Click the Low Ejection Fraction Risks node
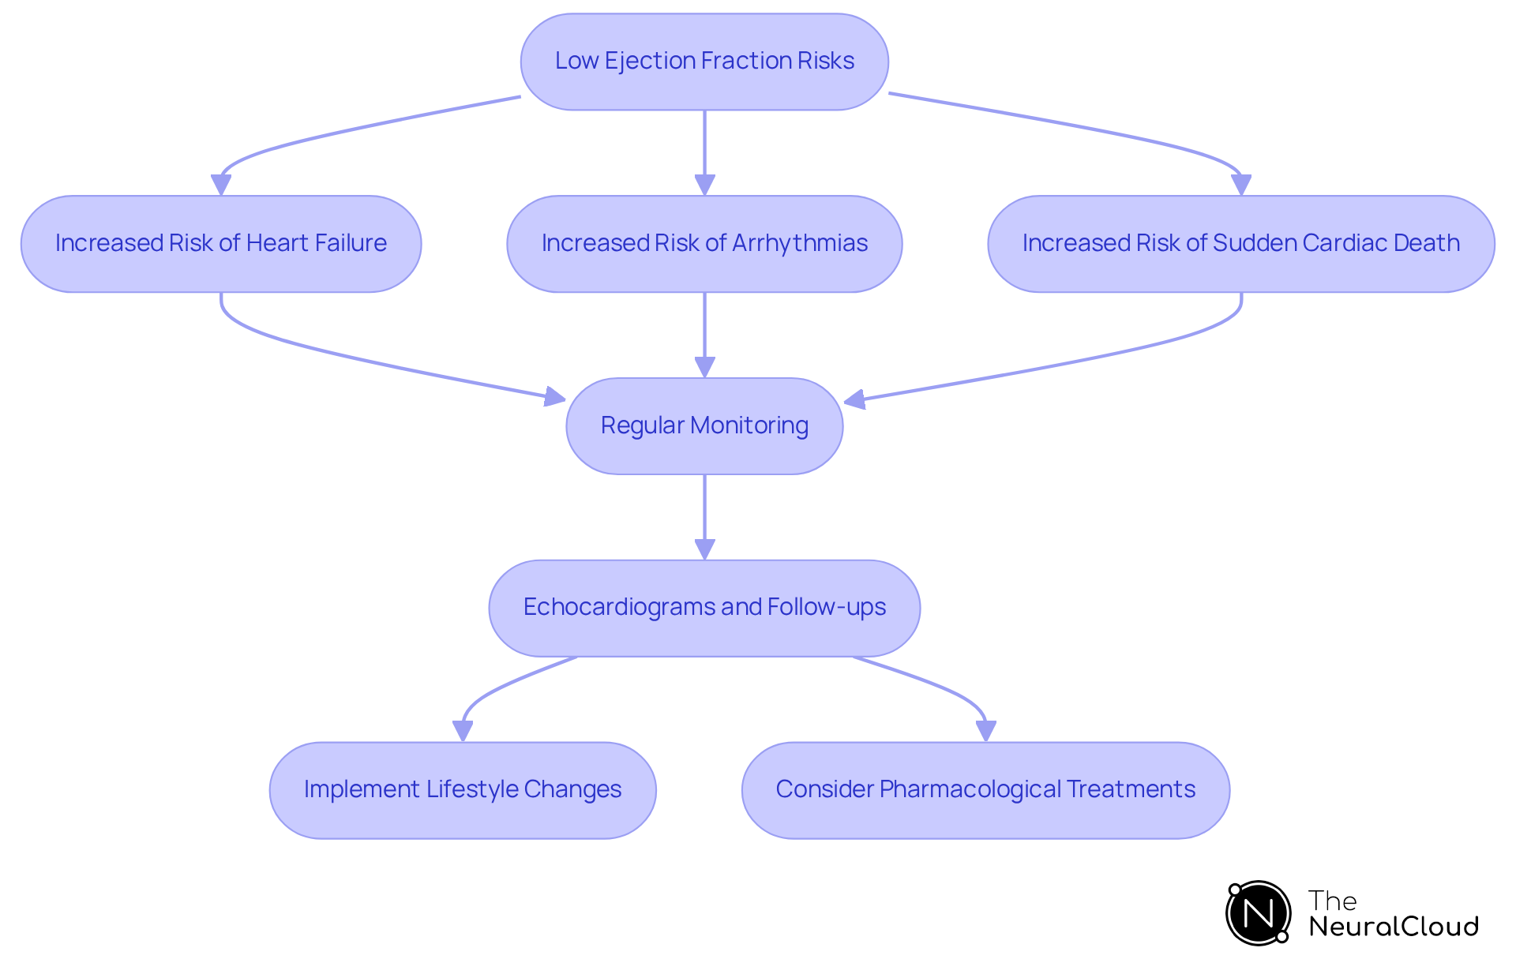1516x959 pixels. click(704, 62)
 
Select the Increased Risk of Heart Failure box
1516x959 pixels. click(221, 244)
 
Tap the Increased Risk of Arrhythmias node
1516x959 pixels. click(704, 244)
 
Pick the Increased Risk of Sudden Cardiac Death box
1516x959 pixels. click(1240, 244)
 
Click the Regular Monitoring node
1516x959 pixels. click(704, 426)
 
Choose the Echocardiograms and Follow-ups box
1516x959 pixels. click(704, 608)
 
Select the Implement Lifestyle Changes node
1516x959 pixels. click(463, 790)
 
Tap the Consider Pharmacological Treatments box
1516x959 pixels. click(985, 790)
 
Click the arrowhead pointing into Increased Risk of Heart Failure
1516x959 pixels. click(221, 185)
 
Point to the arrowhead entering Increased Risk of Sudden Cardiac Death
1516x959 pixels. click(1241, 185)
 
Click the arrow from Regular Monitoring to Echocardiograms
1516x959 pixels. click(704, 513)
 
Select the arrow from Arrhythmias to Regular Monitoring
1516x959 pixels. click(704, 332)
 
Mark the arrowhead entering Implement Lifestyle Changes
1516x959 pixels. click(463, 731)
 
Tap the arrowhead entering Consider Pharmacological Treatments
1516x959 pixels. click(985, 731)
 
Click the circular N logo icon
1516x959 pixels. click(1258, 913)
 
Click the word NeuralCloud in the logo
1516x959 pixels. click(1393, 927)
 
